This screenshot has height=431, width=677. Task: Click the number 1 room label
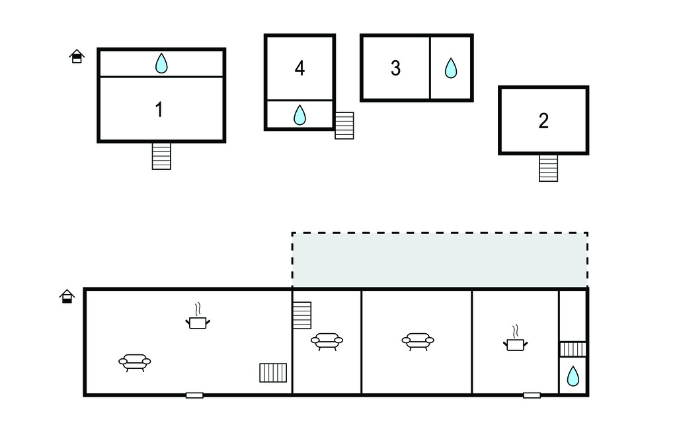tap(159, 110)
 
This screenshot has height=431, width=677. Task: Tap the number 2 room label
tap(543, 121)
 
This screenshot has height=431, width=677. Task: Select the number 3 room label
tap(395, 68)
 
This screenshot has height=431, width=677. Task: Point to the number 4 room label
tap(299, 68)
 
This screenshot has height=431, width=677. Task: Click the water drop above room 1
tap(161, 63)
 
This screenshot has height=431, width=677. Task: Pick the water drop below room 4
tap(299, 115)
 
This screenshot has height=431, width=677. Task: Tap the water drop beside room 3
tap(451, 68)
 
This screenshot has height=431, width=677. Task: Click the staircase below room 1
tap(161, 156)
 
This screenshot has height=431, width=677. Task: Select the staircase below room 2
tap(548, 168)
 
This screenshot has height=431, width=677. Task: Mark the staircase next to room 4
tap(344, 126)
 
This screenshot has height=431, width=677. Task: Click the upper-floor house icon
tap(77, 56)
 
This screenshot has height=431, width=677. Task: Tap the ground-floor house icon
tap(67, 296)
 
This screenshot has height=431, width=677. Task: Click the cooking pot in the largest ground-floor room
tap(198, 321)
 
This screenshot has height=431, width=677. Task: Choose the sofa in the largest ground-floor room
tap(135, 362)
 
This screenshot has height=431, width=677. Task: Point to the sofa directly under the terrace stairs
tap(327, 341)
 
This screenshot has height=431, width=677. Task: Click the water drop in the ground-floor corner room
tap(573, 377)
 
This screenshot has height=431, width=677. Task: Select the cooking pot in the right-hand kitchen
tap(515, 342)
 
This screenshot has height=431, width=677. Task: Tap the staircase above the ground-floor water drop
tap(573, 349)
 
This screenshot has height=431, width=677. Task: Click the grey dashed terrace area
tap(440, 260)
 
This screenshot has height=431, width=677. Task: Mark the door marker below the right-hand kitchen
tap(532, 395)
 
